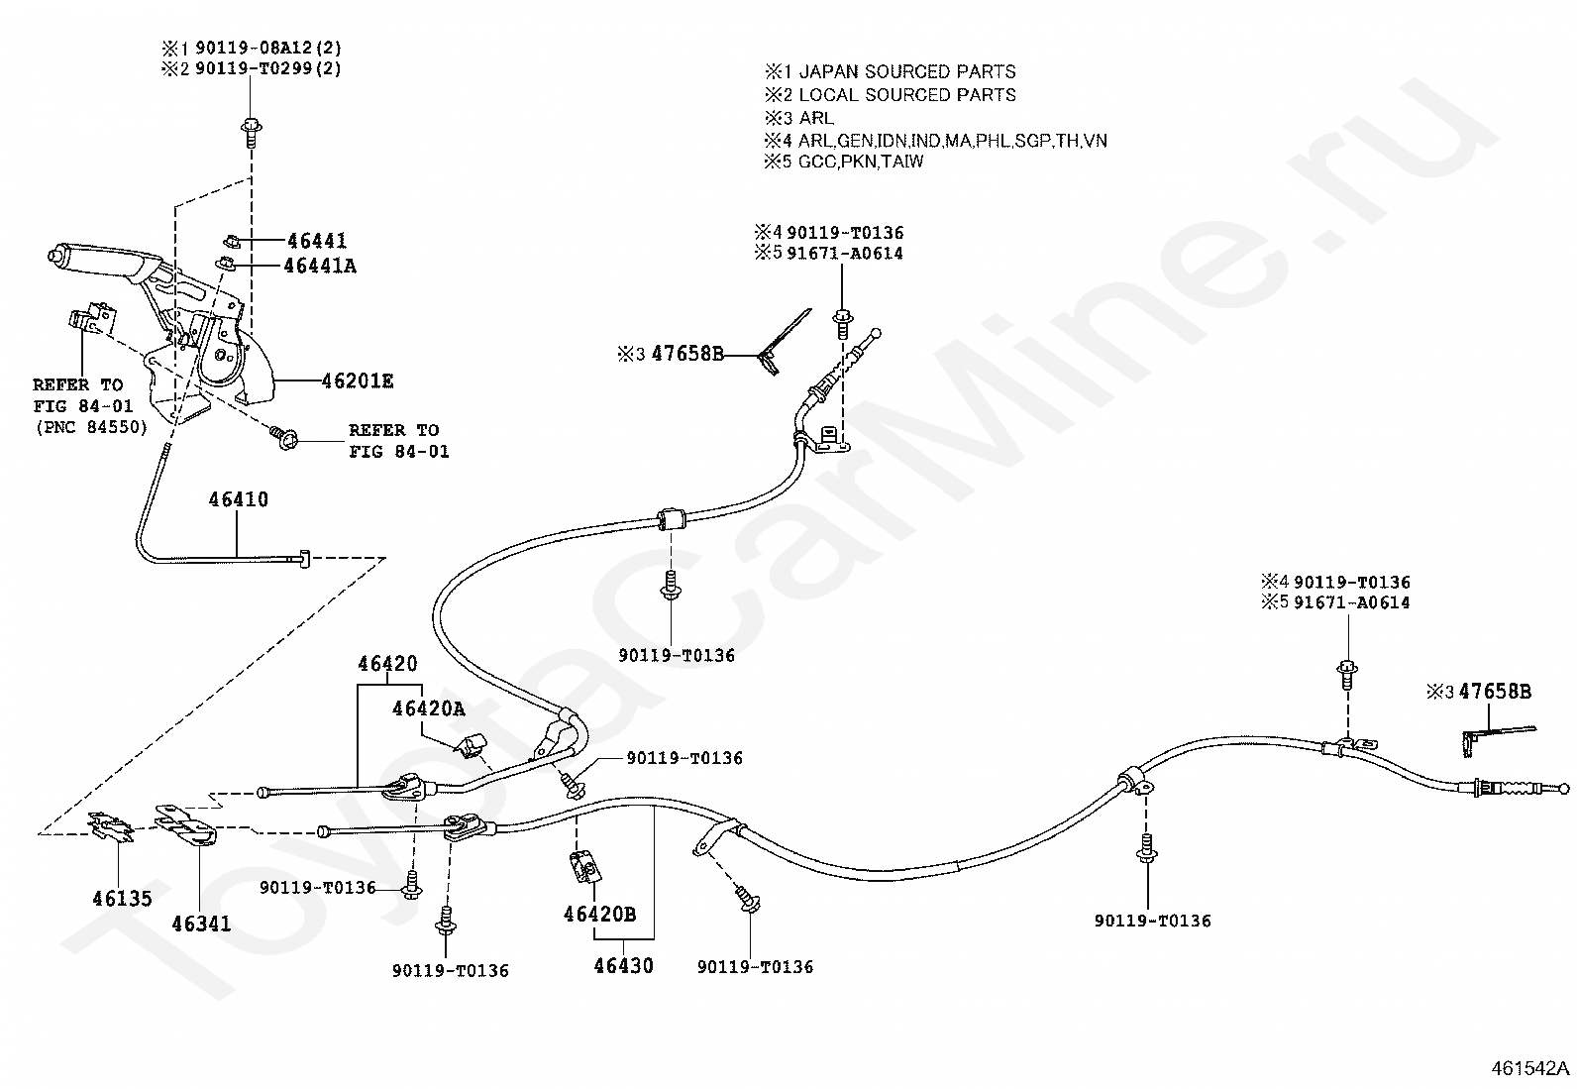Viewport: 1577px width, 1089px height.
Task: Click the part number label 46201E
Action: pos(357,381)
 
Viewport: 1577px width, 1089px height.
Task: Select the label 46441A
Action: pos(320,266)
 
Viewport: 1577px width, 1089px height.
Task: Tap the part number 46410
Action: pos(239,499)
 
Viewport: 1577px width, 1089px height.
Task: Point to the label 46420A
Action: pos(428,708)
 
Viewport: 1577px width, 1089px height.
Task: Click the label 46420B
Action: pos(600,915)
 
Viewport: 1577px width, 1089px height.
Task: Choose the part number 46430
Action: pos(624,965)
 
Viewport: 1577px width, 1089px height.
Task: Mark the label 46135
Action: pos(122,898)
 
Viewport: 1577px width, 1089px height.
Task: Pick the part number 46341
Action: pos(201,924)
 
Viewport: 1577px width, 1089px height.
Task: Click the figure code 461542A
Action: pos(1529,1068)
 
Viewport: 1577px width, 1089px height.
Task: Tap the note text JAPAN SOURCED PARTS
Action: pos(906,72)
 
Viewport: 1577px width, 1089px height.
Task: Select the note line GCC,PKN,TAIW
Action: pos(860,162)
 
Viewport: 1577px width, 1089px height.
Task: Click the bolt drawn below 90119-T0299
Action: pos(252,133)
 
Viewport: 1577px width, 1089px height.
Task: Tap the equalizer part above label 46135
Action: pos(110,826)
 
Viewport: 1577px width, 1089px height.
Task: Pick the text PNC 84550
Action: pos(91,427)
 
